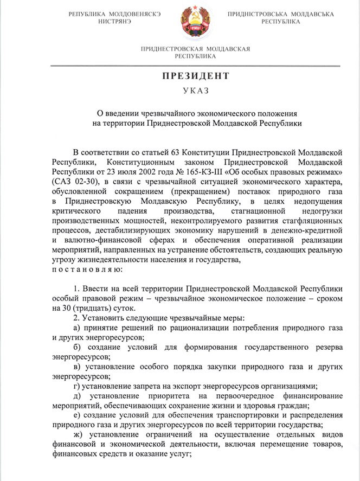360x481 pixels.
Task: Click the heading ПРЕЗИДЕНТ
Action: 195,76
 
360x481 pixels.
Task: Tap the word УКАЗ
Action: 195,91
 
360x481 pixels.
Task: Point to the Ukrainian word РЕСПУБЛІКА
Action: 280,22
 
